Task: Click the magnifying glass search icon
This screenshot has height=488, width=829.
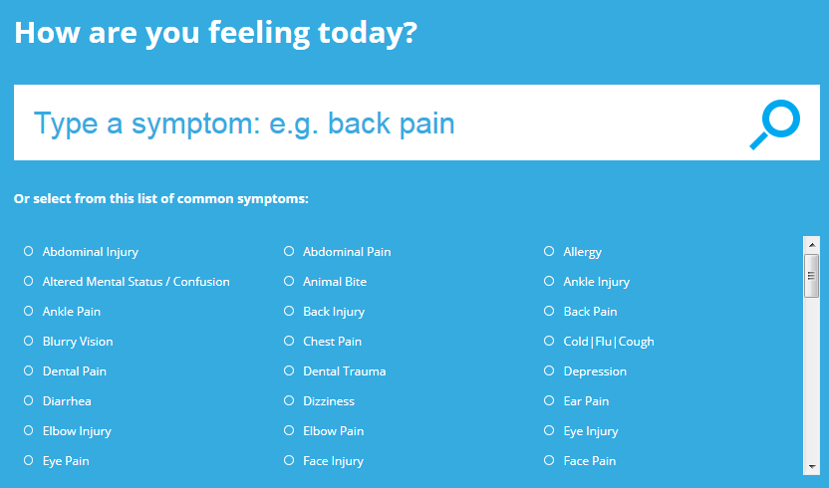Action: [x=774, y=124]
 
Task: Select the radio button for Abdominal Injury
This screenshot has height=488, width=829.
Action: [x=29, y=251]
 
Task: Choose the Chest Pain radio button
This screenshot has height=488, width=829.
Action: [x=289, y=341]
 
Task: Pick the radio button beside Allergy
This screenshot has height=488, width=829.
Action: [x=549, y=251]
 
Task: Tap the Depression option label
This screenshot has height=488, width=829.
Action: [x=595, y=371]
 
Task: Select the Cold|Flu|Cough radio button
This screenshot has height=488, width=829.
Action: [x=549, y=341]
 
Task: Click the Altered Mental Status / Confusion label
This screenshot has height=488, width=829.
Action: [x=136, y=282]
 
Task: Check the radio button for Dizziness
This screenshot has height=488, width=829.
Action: [x=289, y=400]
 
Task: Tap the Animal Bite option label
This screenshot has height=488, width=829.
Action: [x=335, y=282]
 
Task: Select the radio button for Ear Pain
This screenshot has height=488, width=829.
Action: [x=549, y=400]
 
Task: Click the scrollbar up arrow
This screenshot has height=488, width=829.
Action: [x=811, y=245]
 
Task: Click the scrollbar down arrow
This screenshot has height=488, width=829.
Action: [x=811, y=467]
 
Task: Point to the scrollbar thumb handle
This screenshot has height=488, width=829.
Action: [x=811, y=276]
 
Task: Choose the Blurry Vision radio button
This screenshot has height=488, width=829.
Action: [x=29, y=341]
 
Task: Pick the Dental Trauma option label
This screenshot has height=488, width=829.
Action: [x=344, y=371]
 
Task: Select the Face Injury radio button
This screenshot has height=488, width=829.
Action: [x=289, y=460]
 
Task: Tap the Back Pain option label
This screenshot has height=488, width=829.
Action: [x=590, y=312]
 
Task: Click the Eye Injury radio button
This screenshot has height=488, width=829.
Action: [x=549, y=431]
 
